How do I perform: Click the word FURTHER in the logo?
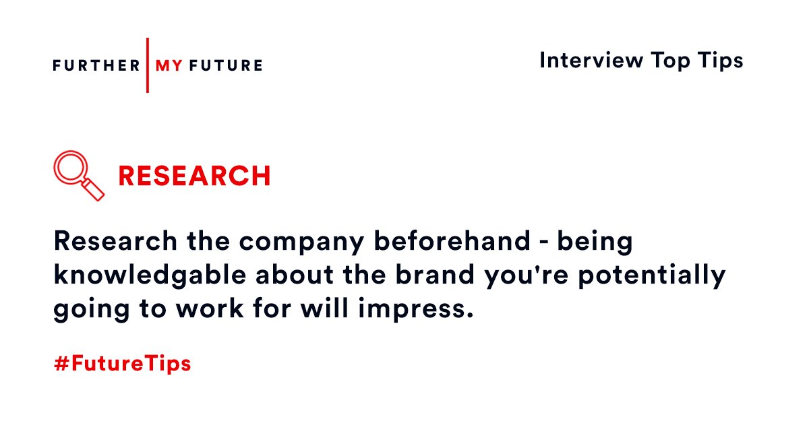(96, 65)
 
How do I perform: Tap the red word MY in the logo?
(169, 65)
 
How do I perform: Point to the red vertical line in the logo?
(148, 65)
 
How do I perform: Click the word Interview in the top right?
(591, 61)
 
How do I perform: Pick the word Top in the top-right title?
(668, 61)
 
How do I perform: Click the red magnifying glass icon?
(79, 175)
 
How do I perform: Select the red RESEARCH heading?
(194, 176)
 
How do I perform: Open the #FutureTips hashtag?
(122, 364)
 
